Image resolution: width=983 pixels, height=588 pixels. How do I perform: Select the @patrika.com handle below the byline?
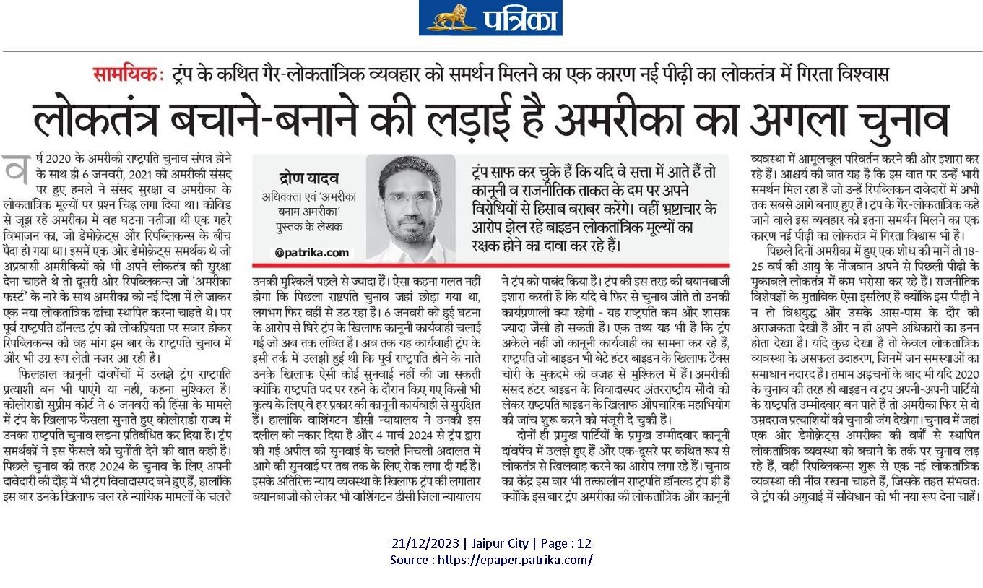[x=302, y=252]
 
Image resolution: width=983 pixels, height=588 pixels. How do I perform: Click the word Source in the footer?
[x=409, y=559]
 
